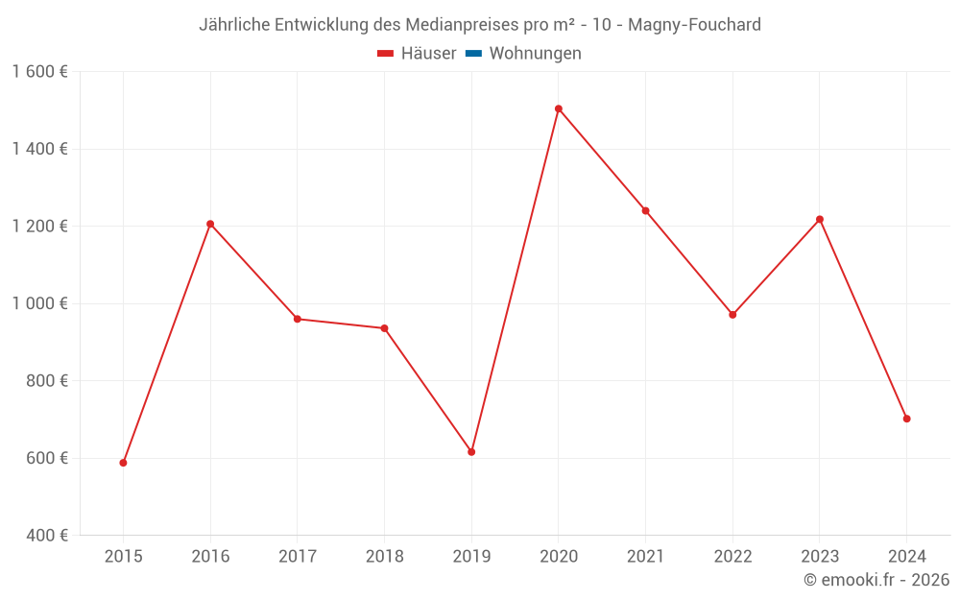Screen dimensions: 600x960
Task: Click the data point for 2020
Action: click(x=558, y=108)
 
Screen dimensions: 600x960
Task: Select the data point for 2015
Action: click(x=123, y=463)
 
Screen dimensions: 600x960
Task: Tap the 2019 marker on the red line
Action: click(x=471, y=452)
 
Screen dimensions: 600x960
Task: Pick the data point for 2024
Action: click(x=906, y=419)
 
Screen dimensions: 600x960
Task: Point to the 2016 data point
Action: click(x=210, y=224)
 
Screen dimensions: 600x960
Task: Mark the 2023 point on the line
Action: click(x=820, y=219)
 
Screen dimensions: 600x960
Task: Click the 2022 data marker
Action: click(x=732, y=315)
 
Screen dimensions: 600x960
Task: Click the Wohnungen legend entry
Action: click(x=535, y=54)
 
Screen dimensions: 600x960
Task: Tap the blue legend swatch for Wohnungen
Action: click(x=473, y=54)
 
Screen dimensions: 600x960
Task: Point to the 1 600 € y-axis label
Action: click(x=39, y=72)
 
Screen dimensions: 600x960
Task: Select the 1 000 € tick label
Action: click(x=39, y=303)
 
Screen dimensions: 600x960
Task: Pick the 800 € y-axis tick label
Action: click(x=45, y=381)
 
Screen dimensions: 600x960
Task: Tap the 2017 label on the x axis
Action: click(x=298, y=556)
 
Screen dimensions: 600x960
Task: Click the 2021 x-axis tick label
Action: click(x=645, y=556)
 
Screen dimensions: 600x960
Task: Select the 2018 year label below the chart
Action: click(x=384, y=556)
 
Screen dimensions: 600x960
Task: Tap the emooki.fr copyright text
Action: click(x=876, y=580)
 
